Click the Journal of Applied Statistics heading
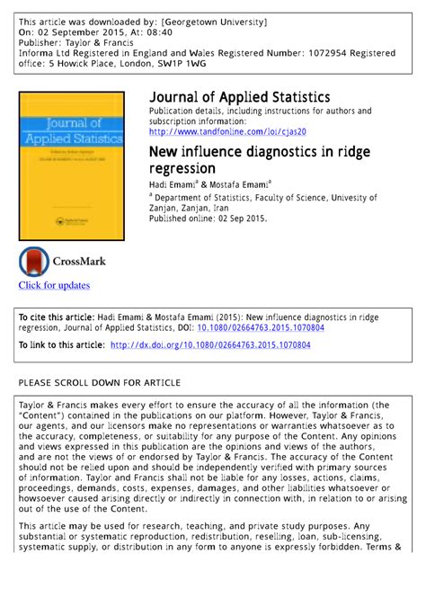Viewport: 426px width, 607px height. [239, 97]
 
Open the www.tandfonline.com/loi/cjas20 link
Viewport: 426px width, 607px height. [227, 131]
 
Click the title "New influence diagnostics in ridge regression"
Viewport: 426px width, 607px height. [251, 159]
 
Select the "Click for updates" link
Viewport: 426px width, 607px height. [55, 285]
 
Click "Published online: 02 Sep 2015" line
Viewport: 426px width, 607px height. [208, 218]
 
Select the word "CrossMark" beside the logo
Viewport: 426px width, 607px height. [80, 262]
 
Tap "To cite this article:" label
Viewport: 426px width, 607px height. [56, 317]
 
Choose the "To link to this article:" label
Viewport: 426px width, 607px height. [60, 344]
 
